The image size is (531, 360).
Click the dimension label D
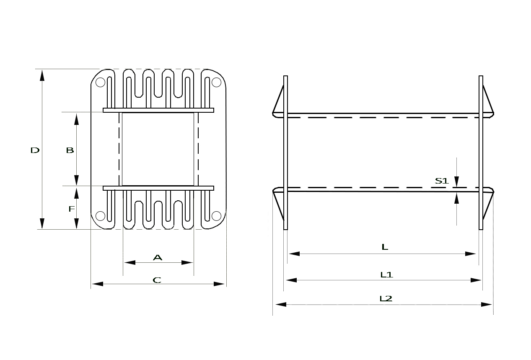click(35, 150)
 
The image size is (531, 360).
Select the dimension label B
click(70, 150)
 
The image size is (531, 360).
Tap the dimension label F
click(72, 209)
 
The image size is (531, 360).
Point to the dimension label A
click(158, 257)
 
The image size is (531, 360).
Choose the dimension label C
click(157, 280)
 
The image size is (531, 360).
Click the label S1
click(442, 181)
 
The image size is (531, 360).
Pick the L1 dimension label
click(387, 275)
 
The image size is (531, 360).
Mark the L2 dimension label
click(386, 299)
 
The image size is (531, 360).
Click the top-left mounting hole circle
click(100, 82)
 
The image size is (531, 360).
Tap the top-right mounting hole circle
click(216, 82)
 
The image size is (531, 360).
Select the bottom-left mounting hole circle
click(100, 216)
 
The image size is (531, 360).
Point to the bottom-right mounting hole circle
click(216, 216)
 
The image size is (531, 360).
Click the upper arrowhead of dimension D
click(42, 75)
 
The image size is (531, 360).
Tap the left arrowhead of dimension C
click(98, 284)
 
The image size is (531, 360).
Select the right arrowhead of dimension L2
click(487, 305)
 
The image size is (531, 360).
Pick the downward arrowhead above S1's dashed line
click(456, 182)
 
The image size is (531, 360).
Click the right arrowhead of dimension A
click(187, 263)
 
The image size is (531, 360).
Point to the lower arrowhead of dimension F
click(76, 223)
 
